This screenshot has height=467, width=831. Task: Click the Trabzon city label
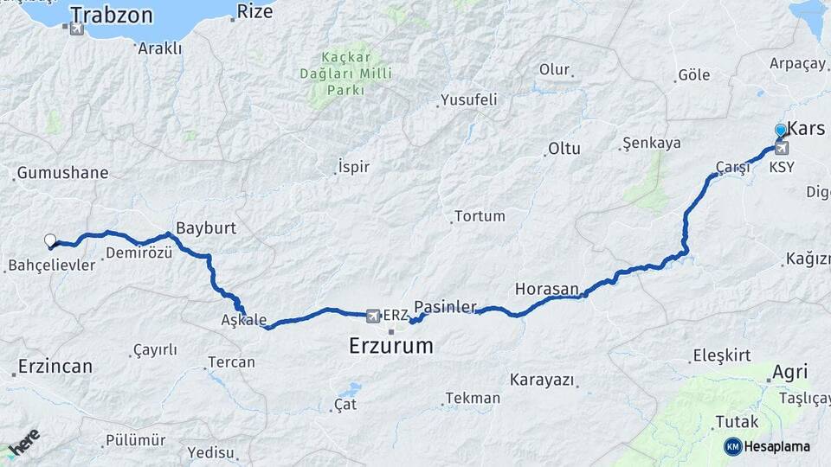[x=112, y=15]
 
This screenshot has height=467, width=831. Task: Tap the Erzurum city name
[x=390, y=347]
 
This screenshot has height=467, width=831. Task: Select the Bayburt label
[x=206, y=228]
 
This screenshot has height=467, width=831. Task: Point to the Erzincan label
[x=55, y=366]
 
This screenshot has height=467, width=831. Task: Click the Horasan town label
[x=547, y=289]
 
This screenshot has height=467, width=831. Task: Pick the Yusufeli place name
[x=469, y=99]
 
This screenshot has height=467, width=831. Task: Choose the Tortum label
[x=480, y=215]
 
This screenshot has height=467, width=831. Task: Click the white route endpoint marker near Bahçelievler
[x=50, y=241]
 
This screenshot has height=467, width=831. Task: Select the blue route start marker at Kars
[x=781, y=131]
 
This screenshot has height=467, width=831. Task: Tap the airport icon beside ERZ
[x=373, y=315]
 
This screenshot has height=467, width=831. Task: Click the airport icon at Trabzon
[x=77, y=29]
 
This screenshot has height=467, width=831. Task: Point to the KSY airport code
[x=782, y=167]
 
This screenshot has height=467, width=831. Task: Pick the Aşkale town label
[x=244, y=320]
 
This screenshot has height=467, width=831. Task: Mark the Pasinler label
[x=446, y=307]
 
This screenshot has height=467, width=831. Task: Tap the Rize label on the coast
[x=254, y=11]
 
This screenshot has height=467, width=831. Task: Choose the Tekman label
[x=473, y=398]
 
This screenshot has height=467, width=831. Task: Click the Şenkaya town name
[x=652, y=143]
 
